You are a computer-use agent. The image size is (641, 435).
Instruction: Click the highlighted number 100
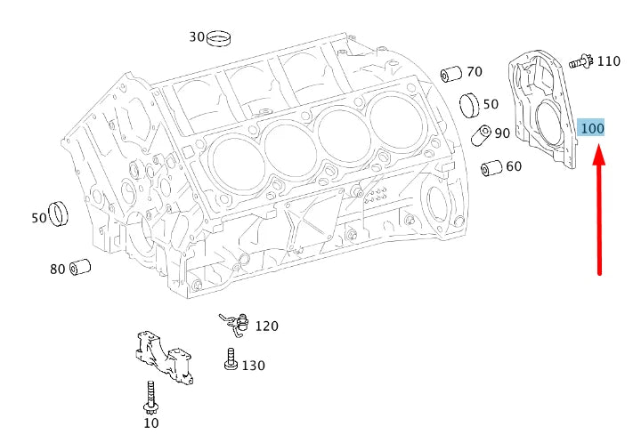592,128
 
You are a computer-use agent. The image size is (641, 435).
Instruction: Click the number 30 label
197,37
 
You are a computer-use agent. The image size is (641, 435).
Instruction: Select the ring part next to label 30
219,38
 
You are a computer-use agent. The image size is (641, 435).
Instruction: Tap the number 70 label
474,71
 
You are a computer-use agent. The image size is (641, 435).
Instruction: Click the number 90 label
502,133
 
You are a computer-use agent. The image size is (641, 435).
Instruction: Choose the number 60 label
514,166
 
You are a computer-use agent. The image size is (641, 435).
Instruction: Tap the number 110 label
609,61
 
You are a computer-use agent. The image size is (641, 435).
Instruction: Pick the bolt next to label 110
580,61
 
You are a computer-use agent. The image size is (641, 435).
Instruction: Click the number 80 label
58,269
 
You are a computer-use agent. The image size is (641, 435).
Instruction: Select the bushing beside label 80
81,266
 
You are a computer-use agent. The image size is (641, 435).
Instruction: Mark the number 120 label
266,326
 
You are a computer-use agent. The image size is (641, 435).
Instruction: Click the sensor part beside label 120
234,324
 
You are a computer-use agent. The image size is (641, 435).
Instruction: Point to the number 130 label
253,366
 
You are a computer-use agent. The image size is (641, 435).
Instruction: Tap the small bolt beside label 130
231,361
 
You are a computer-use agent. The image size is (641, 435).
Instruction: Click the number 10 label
151,423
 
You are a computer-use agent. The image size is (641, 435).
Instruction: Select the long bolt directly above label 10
150,396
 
